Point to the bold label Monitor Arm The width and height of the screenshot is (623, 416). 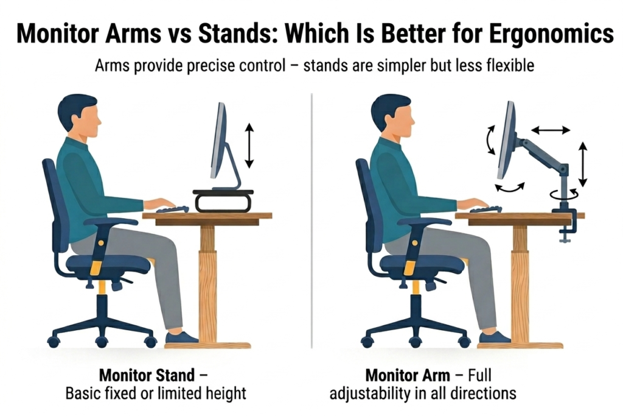point(404,374)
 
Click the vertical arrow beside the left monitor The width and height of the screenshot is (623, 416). point(248,145)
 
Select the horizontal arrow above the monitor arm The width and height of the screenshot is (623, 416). point(551,129)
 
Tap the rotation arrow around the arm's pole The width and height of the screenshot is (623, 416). point(565,194)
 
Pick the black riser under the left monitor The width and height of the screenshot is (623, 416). point(223,200)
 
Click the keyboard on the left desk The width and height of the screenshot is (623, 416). point(172,210)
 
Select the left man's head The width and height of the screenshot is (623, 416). point(78,116)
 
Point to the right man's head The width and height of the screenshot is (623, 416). point(392,116)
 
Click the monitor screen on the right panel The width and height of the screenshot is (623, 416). point(506,140)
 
